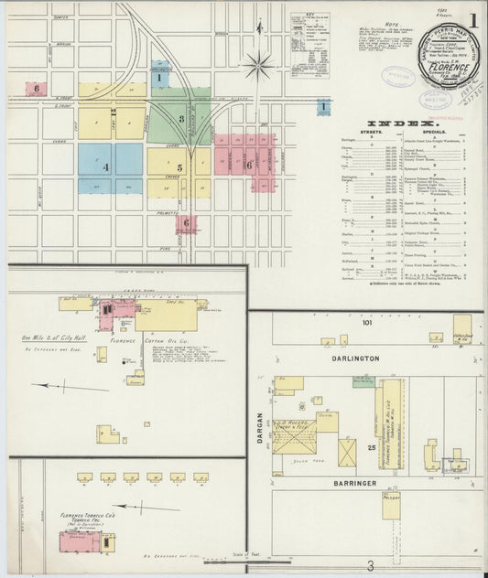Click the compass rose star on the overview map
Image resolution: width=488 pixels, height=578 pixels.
coord(260,65)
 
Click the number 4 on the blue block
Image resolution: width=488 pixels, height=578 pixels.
coord(106,167)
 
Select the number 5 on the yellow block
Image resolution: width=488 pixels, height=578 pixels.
coord(179,167)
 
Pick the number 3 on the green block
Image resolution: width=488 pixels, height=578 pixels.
coord(181,118)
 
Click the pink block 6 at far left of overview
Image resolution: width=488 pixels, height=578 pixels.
coord(37,89)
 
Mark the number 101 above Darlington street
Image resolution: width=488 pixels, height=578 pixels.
coord(367,324)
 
